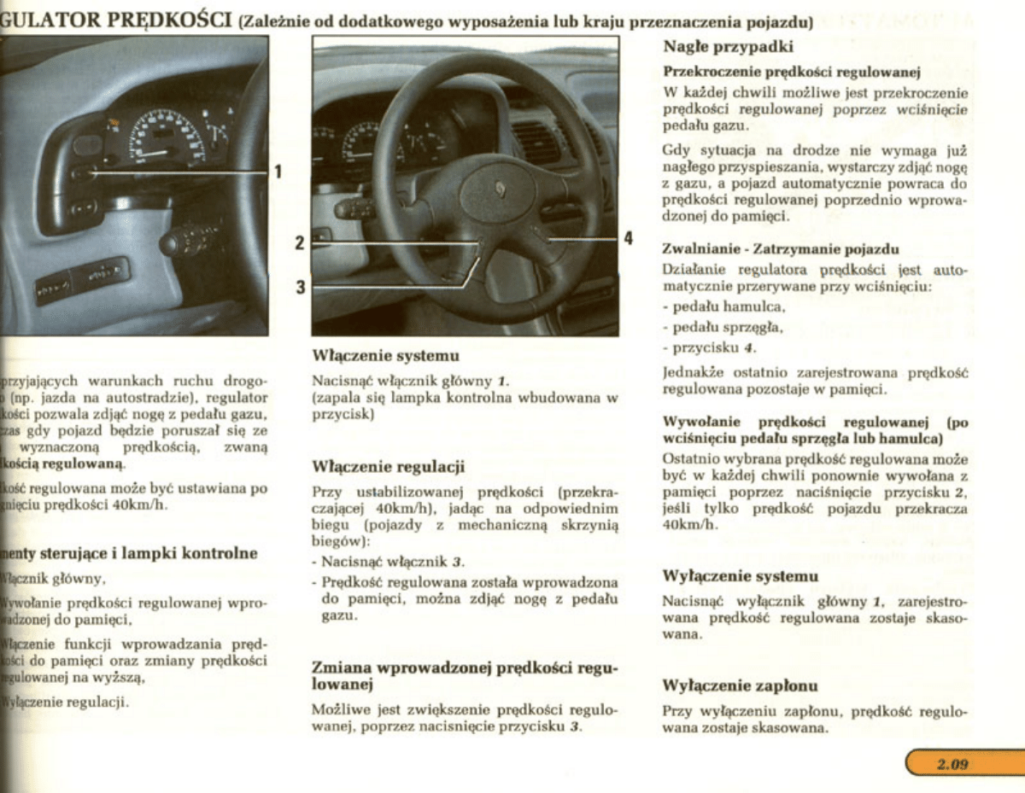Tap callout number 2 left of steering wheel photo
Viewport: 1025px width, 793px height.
coord(300,242)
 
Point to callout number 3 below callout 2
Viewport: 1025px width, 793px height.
coord(301,287)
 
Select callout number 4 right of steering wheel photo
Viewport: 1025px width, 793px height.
coord(628,238)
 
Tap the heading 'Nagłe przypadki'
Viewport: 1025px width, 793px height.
coord(729,46)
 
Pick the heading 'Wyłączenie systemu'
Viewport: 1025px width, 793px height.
coord(740,576)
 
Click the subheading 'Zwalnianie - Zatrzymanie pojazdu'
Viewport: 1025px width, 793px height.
coord(781,249)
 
